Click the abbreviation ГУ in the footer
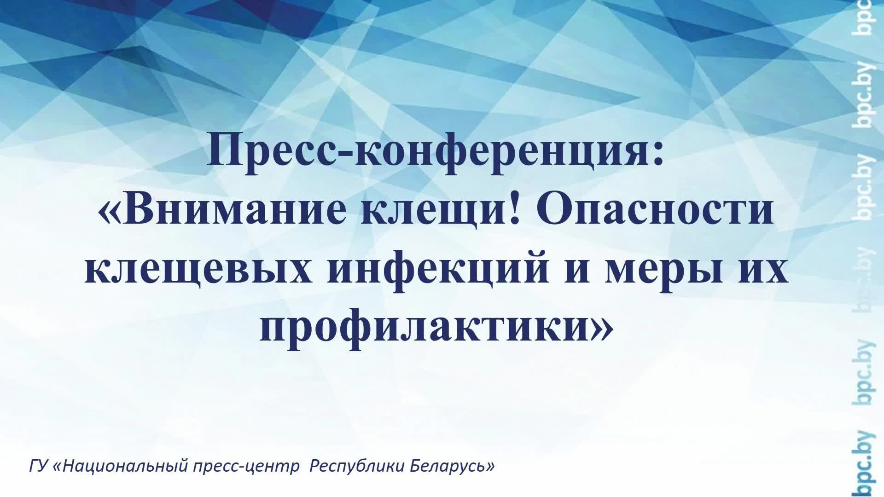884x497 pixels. [38, 466]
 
